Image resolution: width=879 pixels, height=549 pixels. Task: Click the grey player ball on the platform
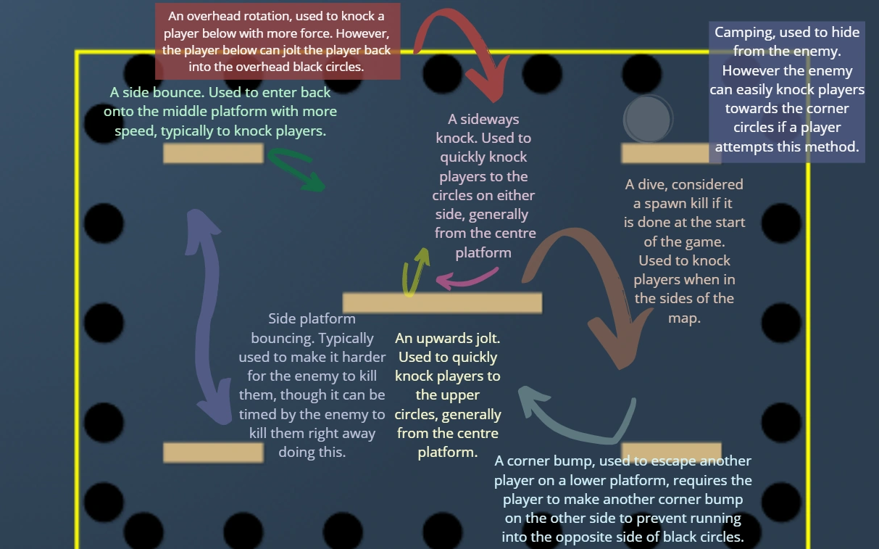click(x=648, y=120)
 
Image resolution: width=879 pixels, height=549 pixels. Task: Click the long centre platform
click(x=442, y=302)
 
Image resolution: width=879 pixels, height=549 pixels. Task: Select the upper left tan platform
click(x=213, y=153)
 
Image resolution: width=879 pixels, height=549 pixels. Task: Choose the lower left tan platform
click(x=213, y=452)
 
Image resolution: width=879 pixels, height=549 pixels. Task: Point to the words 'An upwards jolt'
click(x=447, y=339)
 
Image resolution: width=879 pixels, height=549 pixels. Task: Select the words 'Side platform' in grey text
click(x=312, y=319)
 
